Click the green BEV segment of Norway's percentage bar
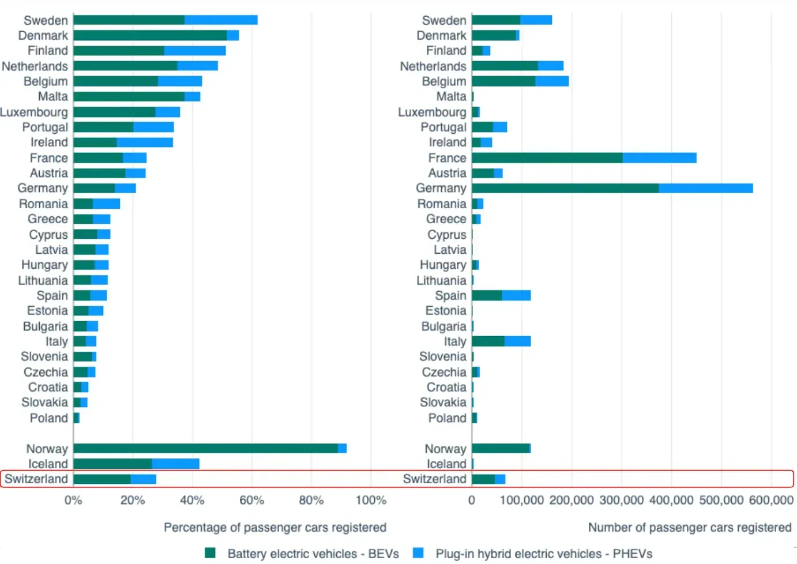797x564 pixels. click(x=205, y=448)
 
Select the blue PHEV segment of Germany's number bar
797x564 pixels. click(x=705, y=188)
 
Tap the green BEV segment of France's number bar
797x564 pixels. click(x=547, y=157)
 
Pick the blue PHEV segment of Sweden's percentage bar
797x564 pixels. click(x=221, y=20)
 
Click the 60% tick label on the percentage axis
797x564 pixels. click(x=251, y=500)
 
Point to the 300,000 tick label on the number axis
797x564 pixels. click(x=621, y=500)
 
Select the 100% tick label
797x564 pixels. click(x=371, y=500)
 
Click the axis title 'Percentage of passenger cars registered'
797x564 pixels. click(x=275, y=527)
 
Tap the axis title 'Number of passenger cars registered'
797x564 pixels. click(x=689, y=527)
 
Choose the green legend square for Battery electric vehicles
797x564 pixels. click(x=210, y=553)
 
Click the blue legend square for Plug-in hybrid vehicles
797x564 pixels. click(x=418, y=553)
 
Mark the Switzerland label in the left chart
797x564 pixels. click(x=36, y=479)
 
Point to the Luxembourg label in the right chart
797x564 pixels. click(x=432, y=112)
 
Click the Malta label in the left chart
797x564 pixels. click(x=53, y=96)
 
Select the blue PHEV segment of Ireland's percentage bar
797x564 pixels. click(x=145, y=142)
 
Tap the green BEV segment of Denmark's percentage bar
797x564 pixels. click(x=150, y=35)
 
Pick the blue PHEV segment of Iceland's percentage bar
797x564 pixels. click(x=175, y=464)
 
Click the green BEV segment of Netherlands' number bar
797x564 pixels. click(x=505, y=66)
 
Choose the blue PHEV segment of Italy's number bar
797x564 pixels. click(x=517, y=341)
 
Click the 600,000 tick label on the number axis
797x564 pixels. click(x=771, y=500)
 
